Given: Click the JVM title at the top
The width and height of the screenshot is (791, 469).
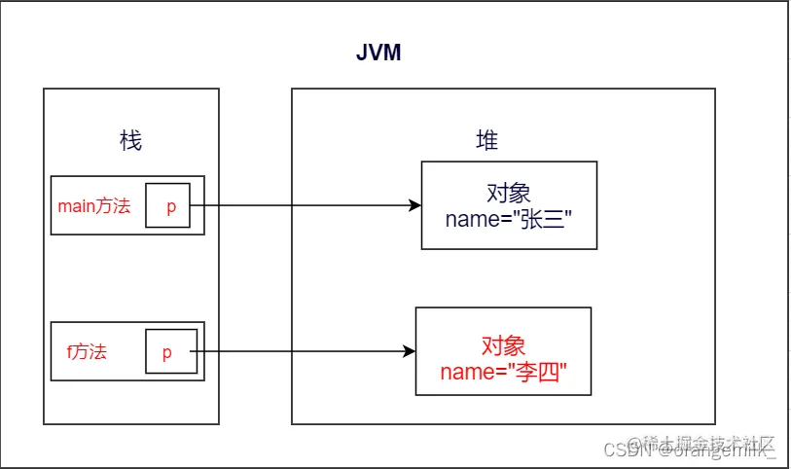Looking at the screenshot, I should (378, 53).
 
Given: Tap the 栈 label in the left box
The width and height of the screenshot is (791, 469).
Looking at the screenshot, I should (130, 141).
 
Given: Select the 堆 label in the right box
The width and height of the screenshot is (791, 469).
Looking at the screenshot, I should (486, 141).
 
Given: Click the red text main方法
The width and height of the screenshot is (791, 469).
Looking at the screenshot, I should (94, 205).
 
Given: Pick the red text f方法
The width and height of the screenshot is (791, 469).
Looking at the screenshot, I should (87, 351).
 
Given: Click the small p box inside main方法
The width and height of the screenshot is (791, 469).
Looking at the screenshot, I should (168, 205).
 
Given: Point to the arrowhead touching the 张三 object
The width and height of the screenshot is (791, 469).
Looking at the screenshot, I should (414, 205).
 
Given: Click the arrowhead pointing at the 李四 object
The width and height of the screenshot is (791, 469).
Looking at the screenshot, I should (409, 352).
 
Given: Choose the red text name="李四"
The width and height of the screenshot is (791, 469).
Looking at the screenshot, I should (502, 371).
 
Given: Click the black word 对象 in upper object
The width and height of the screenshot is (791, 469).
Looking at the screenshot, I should (508, 192).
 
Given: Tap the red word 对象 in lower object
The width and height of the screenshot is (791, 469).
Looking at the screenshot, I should (502, 345).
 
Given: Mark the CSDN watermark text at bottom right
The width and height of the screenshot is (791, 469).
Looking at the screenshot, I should (625, 450).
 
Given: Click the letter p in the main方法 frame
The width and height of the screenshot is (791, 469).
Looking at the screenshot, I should (170, 206).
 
